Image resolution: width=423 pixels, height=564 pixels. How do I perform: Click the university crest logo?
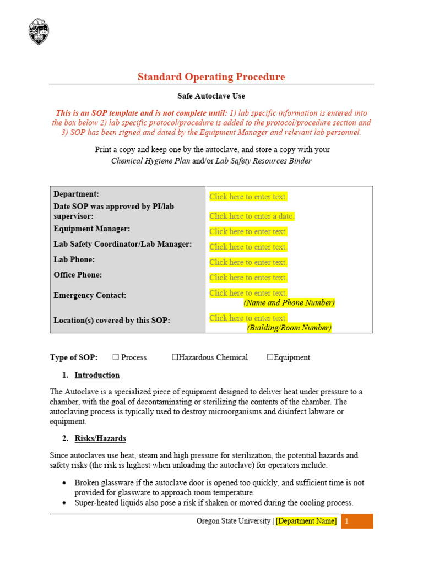point(38,31)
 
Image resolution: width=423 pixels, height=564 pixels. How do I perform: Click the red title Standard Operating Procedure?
point(211,77)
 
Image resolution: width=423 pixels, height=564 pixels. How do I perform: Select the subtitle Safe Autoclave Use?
point(211,96)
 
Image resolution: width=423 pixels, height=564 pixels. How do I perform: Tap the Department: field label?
point(76,194)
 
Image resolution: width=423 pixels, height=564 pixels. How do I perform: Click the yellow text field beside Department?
point(248,197)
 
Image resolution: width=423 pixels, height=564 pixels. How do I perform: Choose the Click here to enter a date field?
point(252,216)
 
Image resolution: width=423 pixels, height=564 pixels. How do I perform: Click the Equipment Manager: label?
point(91,229)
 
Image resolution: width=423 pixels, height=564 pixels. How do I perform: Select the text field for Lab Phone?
point(248,262)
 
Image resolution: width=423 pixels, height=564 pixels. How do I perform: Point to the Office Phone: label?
point(78,275)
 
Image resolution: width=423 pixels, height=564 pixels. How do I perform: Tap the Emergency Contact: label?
point(90,295)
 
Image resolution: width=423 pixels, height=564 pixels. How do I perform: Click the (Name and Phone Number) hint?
point(289,303)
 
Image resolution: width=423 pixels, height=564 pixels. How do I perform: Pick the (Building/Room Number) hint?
point(289,328)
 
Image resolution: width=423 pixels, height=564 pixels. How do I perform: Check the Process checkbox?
point(116,357)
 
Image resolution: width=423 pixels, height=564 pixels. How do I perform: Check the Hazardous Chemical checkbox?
point(175,357)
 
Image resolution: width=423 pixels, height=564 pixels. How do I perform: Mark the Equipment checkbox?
point(270,357)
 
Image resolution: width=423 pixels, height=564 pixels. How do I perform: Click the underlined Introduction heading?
point(97,375)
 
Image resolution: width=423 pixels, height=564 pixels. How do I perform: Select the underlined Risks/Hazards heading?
point(100,438)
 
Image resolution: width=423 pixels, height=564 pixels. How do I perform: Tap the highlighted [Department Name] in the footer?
point(306,521)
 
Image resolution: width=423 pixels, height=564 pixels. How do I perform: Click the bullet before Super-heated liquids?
point(65,503)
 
